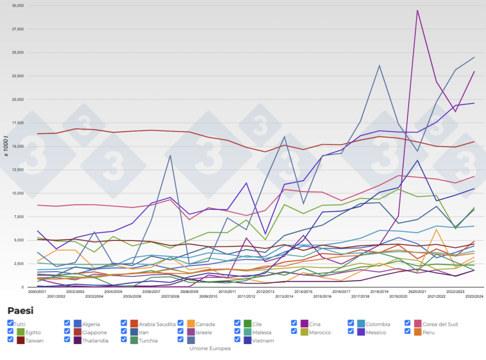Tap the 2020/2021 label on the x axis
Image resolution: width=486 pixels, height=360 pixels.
(417, 292)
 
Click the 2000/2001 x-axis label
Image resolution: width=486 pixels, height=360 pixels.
(38, 292)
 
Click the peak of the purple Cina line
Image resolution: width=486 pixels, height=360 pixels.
(417, 10)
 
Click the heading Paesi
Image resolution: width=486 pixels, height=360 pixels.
(20, 310)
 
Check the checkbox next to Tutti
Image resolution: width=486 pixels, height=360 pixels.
(11, 324)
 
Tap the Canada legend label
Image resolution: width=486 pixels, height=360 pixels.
(206, 324)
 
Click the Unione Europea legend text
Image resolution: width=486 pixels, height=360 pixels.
(210, 349)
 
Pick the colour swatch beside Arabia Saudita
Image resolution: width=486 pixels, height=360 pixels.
(134, 324)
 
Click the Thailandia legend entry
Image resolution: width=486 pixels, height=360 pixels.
(92, 340)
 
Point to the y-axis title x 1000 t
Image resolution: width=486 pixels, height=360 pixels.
(7, 146)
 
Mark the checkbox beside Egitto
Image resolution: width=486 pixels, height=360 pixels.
(11, 332)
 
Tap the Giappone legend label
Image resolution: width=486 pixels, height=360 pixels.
(91, 333)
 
